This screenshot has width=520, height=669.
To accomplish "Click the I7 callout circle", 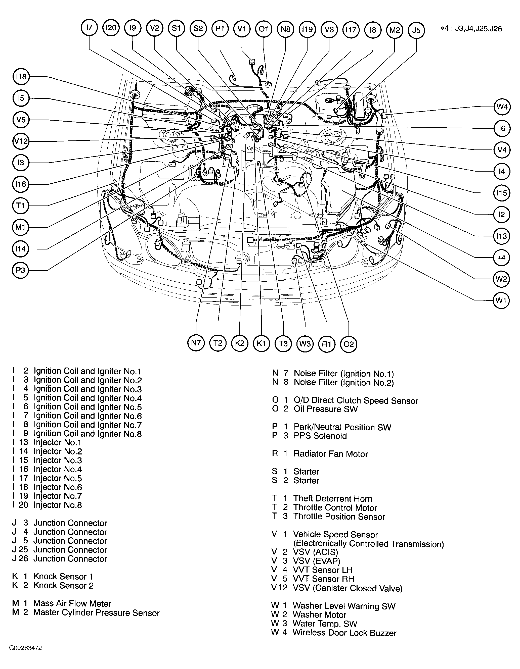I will [x=89, y=28].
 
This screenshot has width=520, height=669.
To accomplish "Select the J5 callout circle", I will [x=416, y=30].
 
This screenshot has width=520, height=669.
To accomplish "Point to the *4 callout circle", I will [x=502, y=257].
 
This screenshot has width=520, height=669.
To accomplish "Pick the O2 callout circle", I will [x=349, y=344].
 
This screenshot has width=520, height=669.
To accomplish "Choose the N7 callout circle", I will [x=196, y=343].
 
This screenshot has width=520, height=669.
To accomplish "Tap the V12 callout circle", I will [x=21, y=141].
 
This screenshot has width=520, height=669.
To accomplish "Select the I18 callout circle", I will [x=21, y=76].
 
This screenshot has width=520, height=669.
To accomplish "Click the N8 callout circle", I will [x=285, y=29].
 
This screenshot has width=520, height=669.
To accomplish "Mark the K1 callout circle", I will [x=261, y=343].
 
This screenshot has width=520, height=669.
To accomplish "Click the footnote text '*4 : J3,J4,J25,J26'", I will [x=471, y=29].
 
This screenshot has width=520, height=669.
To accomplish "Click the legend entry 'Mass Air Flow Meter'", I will [x=72, y=603].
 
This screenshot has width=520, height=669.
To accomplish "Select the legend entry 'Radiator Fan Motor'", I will [x=330, y=454].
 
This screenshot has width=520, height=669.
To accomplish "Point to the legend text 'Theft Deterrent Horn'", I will [x=333, y=499].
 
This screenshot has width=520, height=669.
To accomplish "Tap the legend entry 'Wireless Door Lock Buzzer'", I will [x=344, y=633].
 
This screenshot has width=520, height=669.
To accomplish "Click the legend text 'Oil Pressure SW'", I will [x=325, y=409].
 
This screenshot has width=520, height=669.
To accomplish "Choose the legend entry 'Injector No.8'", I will [x=58, y=505].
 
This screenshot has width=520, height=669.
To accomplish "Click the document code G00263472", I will [x=25, y=648].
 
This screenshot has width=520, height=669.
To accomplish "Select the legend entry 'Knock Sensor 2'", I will [x=63, y=585].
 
